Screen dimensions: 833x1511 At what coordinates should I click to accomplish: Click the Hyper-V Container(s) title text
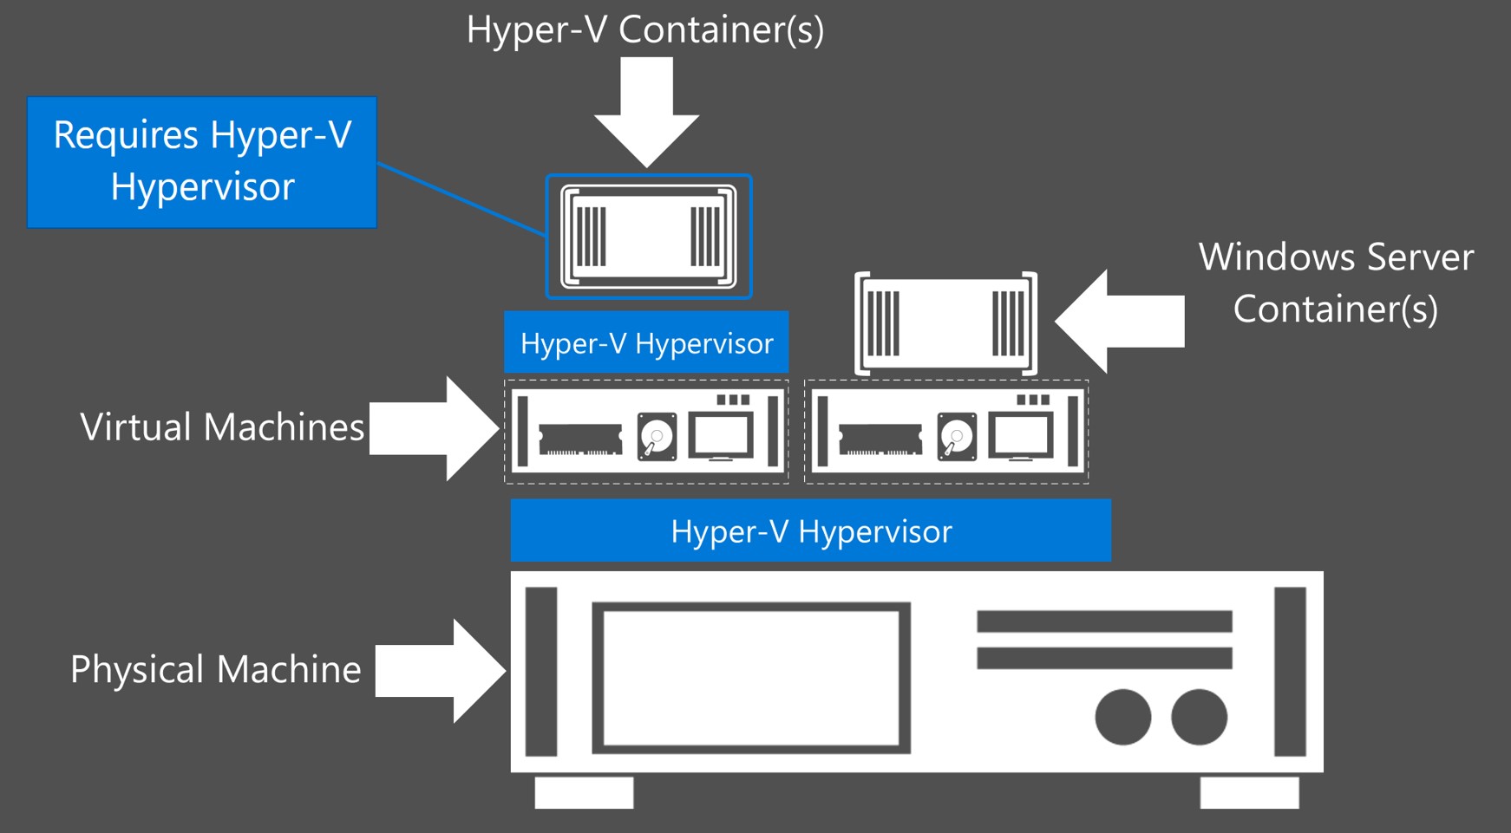pos(644,29)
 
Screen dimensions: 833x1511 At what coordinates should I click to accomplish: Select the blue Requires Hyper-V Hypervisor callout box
pos(202,162)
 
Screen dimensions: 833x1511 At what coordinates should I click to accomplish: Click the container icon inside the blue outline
pos(648,237)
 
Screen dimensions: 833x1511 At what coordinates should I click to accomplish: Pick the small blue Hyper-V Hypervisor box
pos(646,342)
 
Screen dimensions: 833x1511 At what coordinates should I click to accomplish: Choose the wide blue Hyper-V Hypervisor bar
pos(810,530)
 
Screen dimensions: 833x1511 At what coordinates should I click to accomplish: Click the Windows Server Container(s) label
pos(1335,283)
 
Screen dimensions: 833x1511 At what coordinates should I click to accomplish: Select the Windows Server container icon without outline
pos(945,323)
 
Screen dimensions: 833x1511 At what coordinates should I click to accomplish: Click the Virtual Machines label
pos(222,427)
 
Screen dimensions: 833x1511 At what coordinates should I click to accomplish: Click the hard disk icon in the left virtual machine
pos(657,436)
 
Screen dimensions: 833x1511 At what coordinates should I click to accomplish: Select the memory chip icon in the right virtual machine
pos(880,439)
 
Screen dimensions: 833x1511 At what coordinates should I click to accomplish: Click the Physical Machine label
pos(215,669)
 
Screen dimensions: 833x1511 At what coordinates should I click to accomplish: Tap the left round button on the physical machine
pos(1122,717)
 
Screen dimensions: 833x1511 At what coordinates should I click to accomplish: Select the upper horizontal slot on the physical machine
pos(1104,621)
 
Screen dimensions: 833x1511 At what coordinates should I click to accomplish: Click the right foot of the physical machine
pos(1249,792)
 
